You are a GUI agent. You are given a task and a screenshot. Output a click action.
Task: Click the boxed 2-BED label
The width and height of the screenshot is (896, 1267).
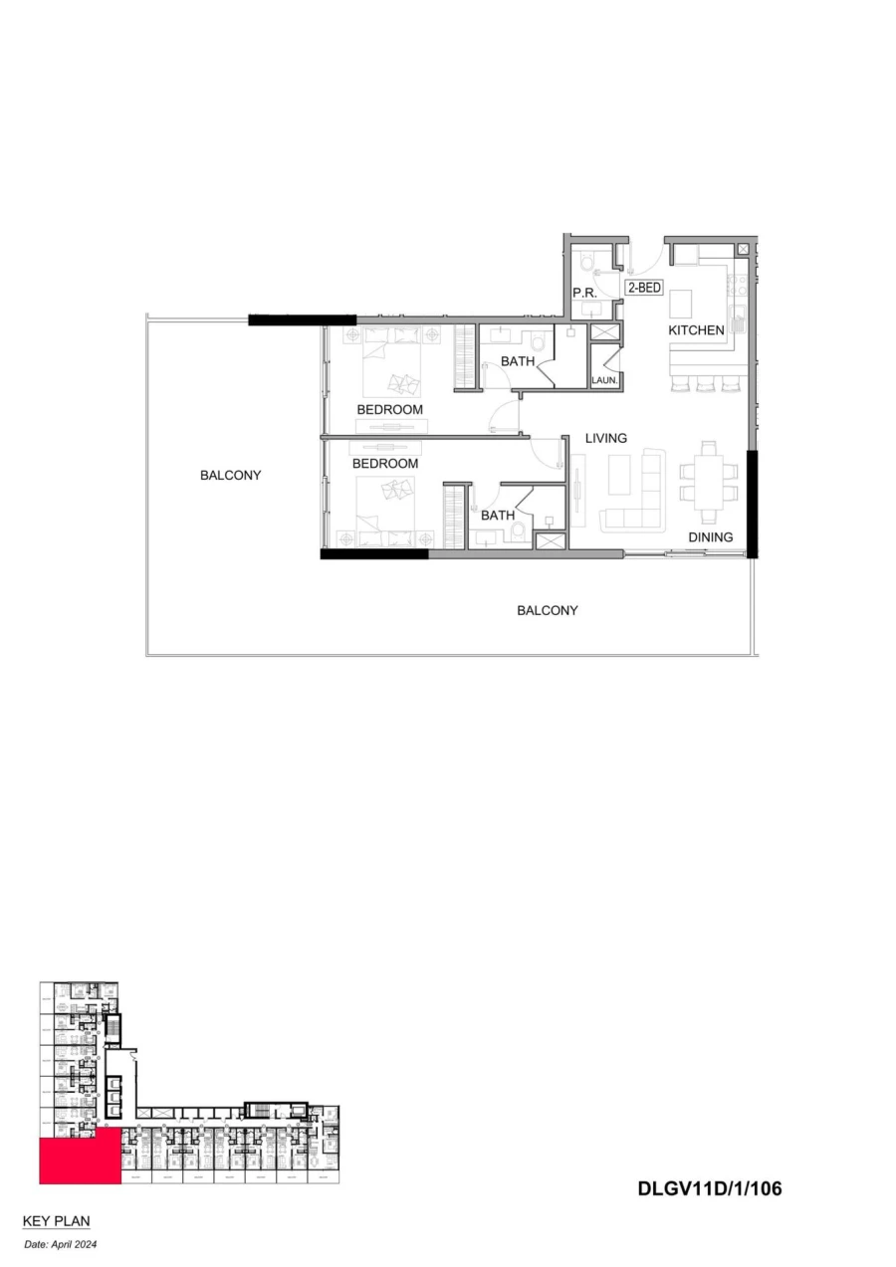point(644,288)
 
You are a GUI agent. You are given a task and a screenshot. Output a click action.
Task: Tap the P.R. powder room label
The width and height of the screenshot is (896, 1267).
point(583,293)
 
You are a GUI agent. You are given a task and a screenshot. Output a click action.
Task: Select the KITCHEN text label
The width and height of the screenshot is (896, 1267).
point(696,330)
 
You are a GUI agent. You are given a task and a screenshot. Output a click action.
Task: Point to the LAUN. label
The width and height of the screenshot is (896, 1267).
point(605,380)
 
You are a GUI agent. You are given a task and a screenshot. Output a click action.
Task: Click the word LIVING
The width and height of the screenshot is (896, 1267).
point(605,438)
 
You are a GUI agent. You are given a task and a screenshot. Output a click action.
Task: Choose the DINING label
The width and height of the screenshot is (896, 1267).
point(710,537)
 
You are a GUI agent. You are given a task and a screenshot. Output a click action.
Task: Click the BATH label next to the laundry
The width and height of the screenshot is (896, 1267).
point(517,361)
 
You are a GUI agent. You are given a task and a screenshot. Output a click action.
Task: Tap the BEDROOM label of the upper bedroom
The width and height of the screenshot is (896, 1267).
point(389,409)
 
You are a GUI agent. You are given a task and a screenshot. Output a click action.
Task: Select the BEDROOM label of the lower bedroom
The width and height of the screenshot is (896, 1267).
point(384,464)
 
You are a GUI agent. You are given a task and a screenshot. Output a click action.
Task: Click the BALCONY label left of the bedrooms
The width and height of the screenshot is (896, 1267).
point(230,475)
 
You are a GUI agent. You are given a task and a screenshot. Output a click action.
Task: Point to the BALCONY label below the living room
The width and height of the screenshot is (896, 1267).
point(547,610)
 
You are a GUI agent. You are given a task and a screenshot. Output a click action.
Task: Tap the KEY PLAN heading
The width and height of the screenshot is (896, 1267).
point(56,1220)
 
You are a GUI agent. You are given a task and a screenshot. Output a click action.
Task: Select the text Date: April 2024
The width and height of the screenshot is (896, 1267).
point(61,1244)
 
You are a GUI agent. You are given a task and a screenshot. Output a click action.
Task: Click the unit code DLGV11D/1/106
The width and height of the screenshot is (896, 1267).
point(709,1188)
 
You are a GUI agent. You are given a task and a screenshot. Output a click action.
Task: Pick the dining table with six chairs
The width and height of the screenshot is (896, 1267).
point(709,482)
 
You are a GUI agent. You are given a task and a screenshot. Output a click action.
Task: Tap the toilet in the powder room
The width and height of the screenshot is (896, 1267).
point(587,263)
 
